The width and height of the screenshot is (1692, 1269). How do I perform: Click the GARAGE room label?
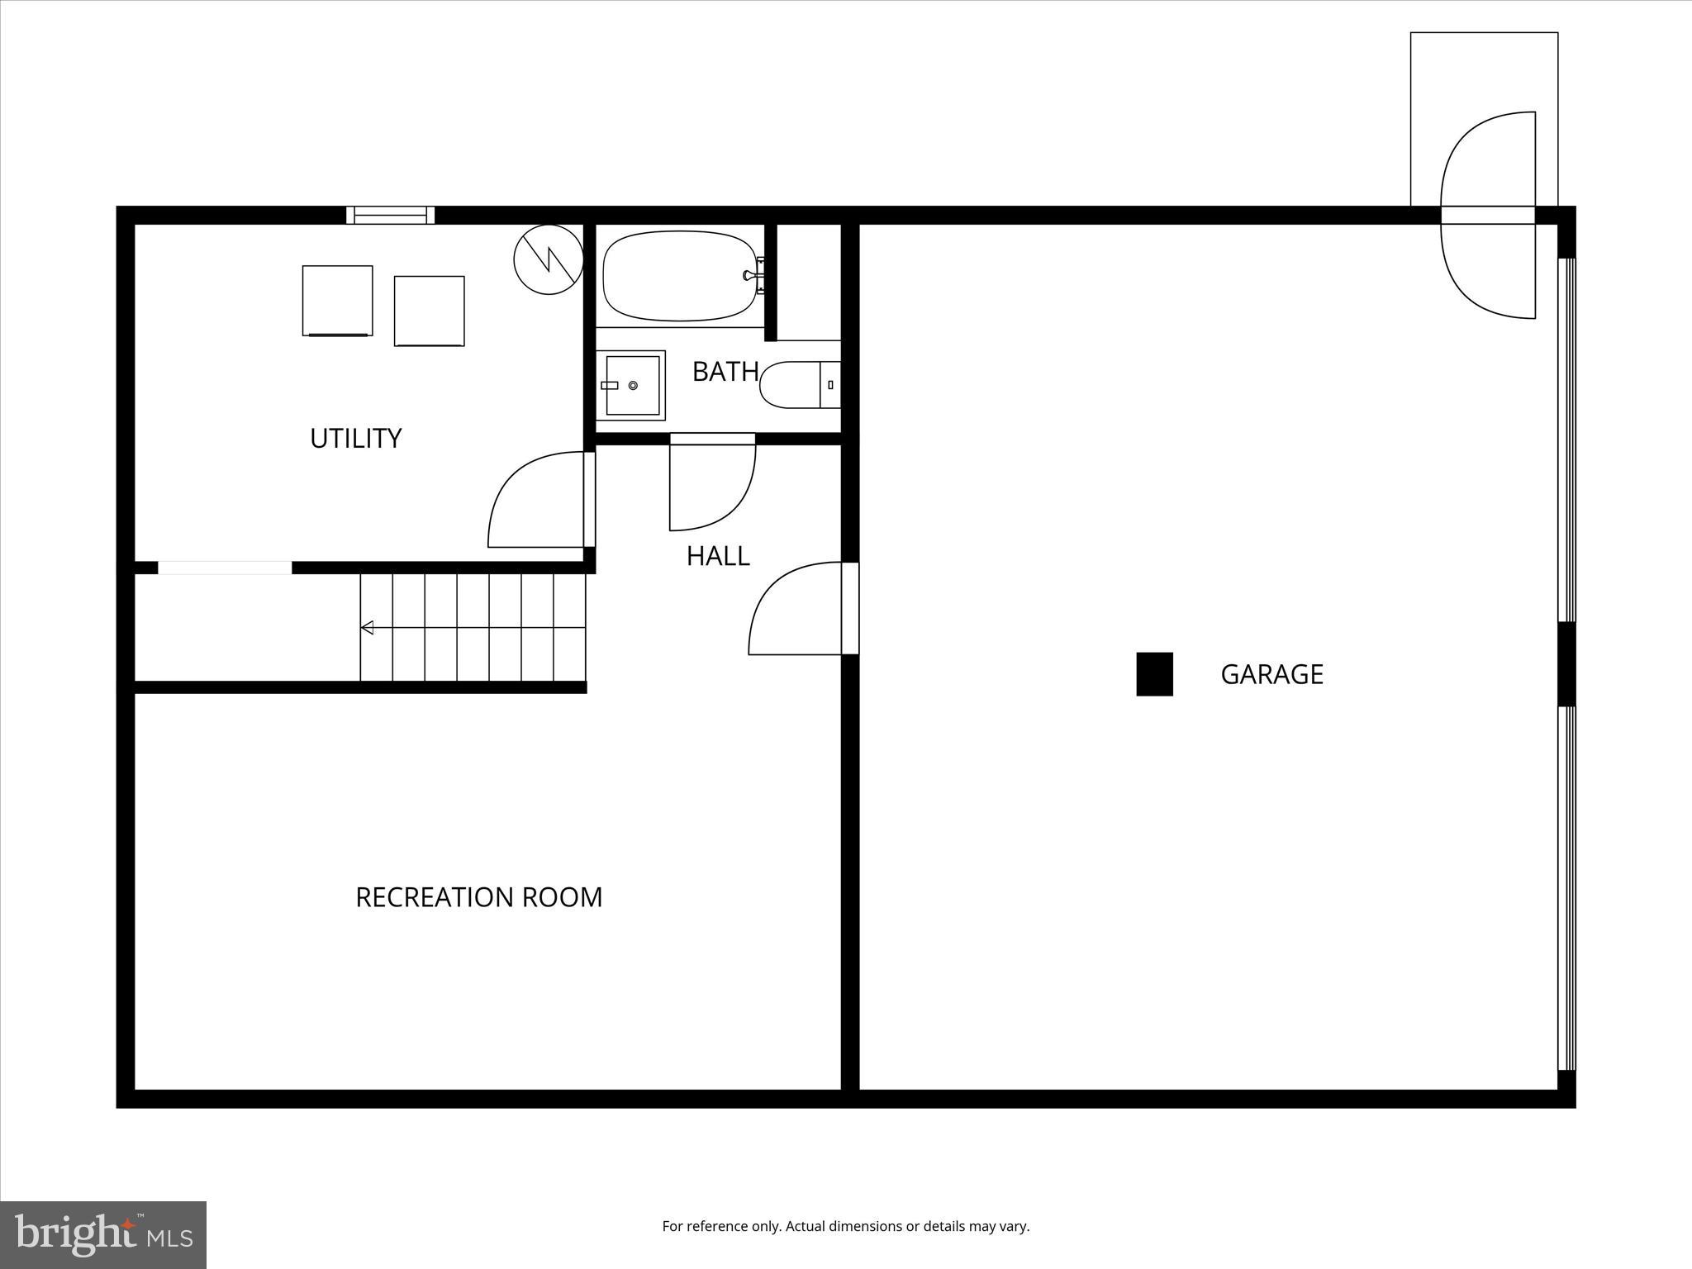(x=1271, y=674)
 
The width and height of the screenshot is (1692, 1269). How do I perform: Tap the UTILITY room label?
(x=355, y=438)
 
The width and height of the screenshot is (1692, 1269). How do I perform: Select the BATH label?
(x=725, y=372)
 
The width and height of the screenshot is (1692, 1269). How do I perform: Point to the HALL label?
(x=718, y=556)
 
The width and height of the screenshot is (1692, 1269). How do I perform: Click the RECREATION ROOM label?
(x=478, y=897)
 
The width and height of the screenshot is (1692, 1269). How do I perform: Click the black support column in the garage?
(x=1154, y=674)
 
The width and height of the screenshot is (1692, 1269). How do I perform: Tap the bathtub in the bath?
(x=679, y=276)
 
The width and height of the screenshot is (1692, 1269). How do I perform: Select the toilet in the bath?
(x=796, y=385)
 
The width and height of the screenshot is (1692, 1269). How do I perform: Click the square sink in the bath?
(x=632, y=386)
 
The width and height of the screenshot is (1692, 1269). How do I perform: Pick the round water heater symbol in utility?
(x=549, y=259)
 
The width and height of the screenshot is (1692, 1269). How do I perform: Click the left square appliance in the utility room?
(x=337, y=300)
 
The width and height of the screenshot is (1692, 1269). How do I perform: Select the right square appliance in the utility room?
(x=429, y=311)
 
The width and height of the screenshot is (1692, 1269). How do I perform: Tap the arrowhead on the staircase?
(x=368, y=628)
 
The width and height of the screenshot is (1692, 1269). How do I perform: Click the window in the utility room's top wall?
(x=390, y=215)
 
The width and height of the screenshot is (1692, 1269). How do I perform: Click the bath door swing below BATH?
(x=711, y=483)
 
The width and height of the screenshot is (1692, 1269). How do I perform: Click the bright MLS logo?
(x=103, y=1234)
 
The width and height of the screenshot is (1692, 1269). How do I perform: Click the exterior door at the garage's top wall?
(x=1487, y=215)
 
